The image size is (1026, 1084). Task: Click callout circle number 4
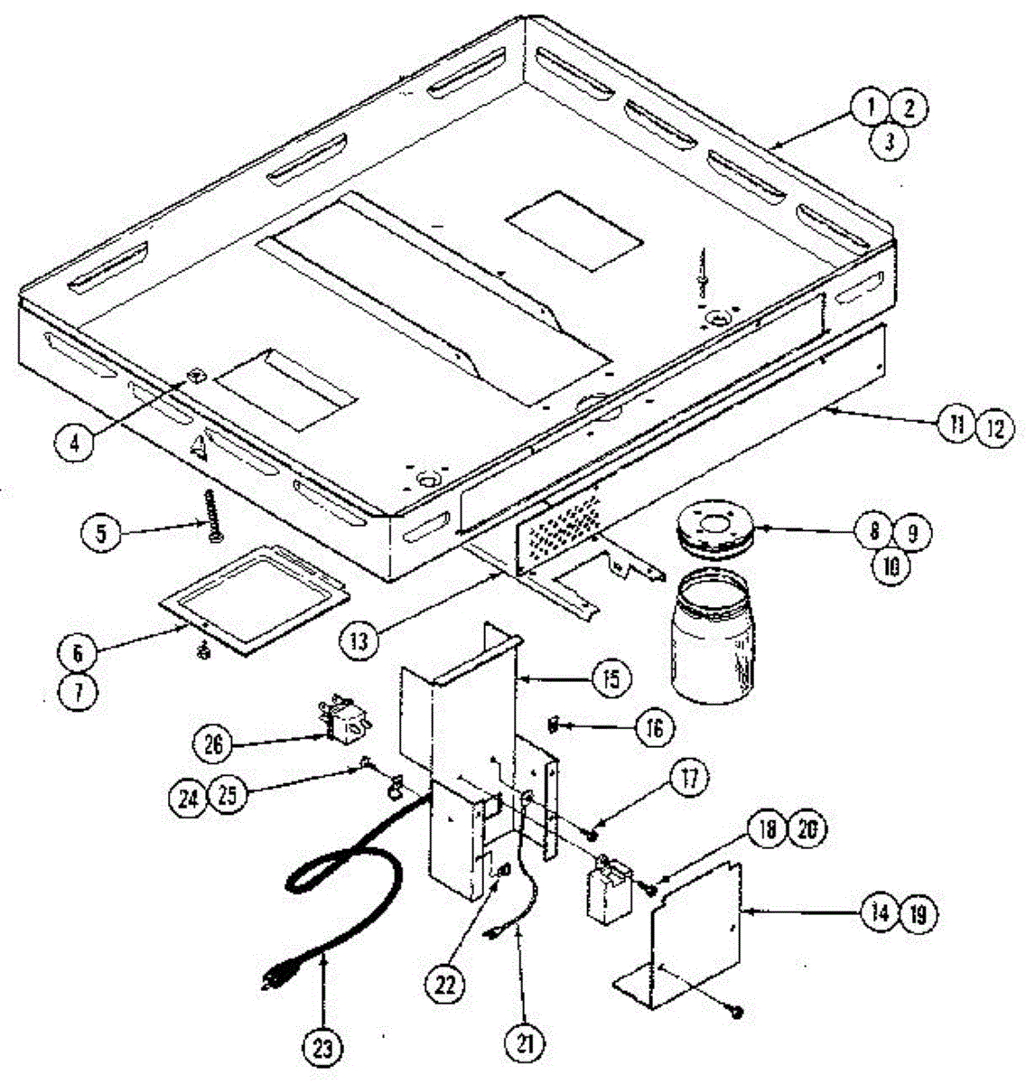75,444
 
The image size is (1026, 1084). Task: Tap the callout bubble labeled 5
100,532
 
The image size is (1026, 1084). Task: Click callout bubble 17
690,779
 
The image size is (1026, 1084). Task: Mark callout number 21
525,1044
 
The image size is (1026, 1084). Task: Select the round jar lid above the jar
714,527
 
